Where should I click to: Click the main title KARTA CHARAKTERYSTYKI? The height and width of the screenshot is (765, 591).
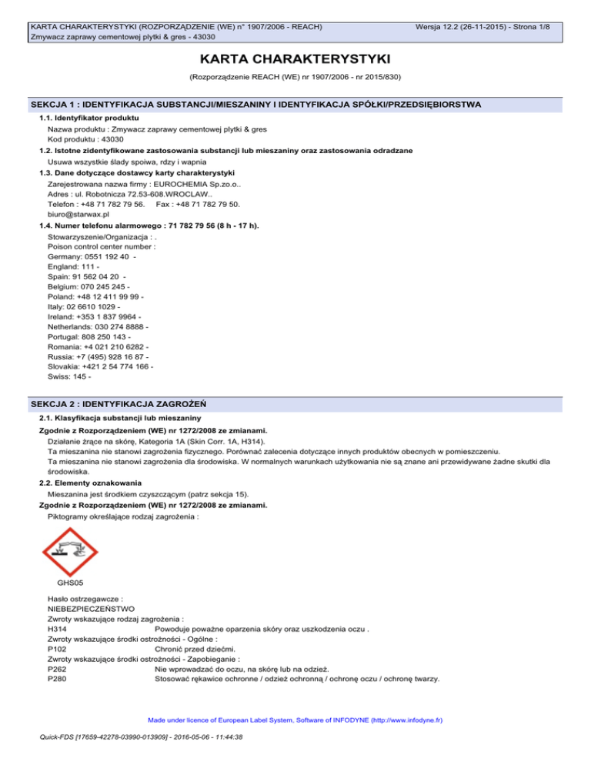point(295,59)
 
